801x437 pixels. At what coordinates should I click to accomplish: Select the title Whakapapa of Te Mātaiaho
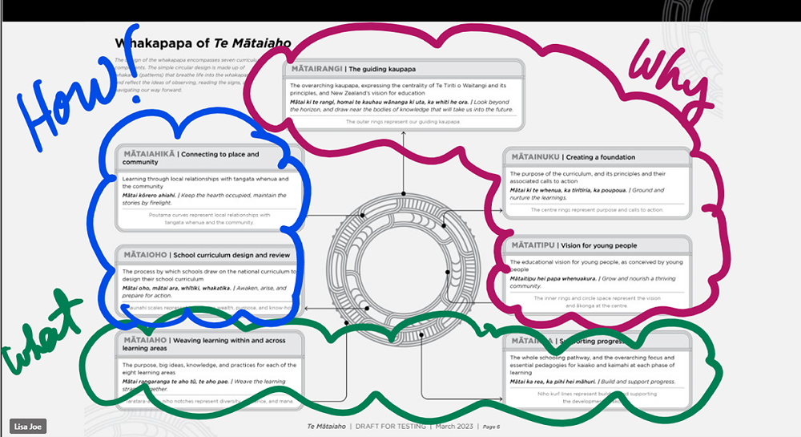202,43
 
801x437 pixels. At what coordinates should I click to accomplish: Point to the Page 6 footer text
492,427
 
